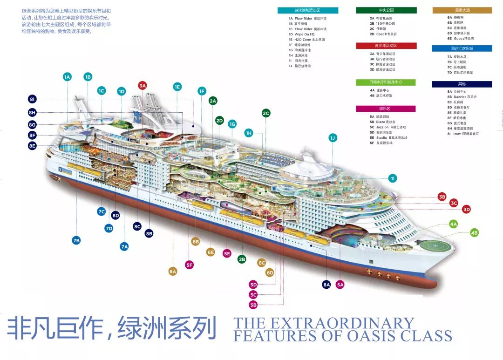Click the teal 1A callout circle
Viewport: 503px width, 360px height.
[67, 77]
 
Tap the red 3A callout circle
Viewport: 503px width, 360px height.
[143, 85]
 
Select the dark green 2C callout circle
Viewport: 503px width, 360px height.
[266, 113]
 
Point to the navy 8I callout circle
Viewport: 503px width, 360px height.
[32, 99]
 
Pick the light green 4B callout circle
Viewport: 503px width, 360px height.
[474, 232]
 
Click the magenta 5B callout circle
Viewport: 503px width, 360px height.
[253, 305]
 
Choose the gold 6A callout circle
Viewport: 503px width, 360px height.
[173, 271]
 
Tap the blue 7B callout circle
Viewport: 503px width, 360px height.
[76, 240]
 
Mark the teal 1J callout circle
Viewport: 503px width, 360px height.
[333, 138]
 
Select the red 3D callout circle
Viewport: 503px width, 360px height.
[467, 210]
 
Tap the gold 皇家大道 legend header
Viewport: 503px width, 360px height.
[462, 10]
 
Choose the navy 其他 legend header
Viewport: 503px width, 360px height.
[462, 84]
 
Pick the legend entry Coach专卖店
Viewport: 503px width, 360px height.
[386, 34]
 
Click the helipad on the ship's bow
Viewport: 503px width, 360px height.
[432, 245]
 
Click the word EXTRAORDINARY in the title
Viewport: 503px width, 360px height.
[340, 323]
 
